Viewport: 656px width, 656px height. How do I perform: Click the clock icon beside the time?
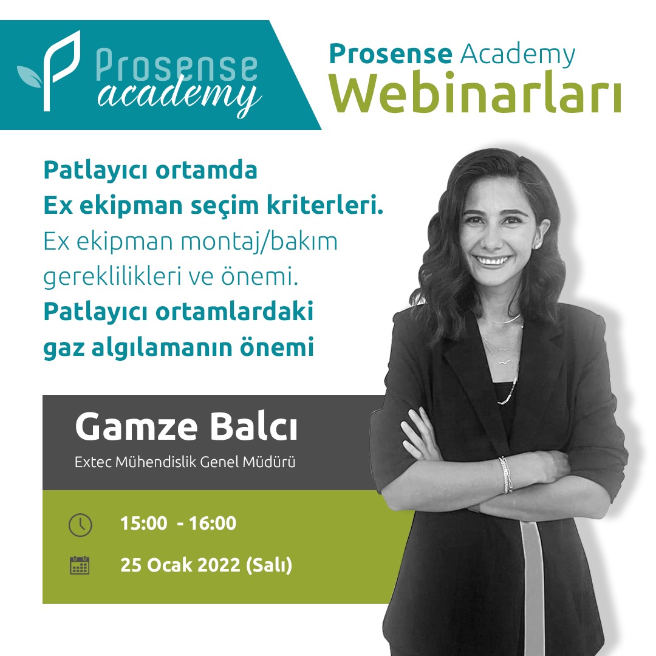click(x=80, y=525)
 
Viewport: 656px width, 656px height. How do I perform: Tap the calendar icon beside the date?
click(x=80, y=565)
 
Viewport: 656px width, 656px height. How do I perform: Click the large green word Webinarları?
click(x=475, y=92)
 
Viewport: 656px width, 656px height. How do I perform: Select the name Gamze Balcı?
click(x=186, y=427)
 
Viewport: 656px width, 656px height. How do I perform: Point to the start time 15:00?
click(x=143, y=524)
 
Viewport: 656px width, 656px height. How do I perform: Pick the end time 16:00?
click(x=213, y=524)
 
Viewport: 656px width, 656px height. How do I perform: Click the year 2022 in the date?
click(x=219, y=565)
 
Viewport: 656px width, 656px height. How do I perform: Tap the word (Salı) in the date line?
click(x=269, y=565)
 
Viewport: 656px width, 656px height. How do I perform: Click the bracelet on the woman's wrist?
click(x=505, y=474)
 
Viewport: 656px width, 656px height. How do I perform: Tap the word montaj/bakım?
click(x=259, y=242)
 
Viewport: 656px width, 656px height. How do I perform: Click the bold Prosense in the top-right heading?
click(x=391, y=54)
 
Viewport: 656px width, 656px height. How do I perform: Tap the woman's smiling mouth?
click(x=493, y=261)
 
